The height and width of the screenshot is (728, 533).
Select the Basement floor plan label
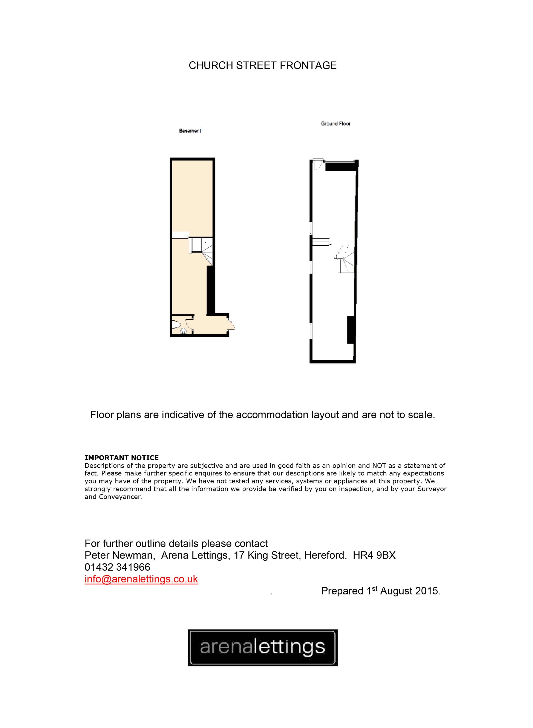190,131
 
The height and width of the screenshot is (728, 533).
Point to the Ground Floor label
335,124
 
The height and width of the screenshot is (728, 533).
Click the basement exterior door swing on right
231,325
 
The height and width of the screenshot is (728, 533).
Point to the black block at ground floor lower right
351,330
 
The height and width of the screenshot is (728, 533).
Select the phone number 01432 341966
117,567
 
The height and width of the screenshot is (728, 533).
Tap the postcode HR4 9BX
374,555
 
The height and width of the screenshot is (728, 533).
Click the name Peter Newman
118,555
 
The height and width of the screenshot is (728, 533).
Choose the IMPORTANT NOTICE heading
122,458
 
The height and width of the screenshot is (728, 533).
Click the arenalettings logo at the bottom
262,648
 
